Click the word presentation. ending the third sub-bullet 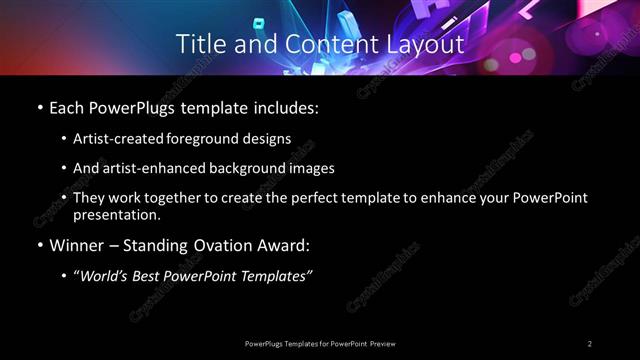point(117,214)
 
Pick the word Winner point(77,245)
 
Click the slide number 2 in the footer point(590,344)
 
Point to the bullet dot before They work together point(64,198)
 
